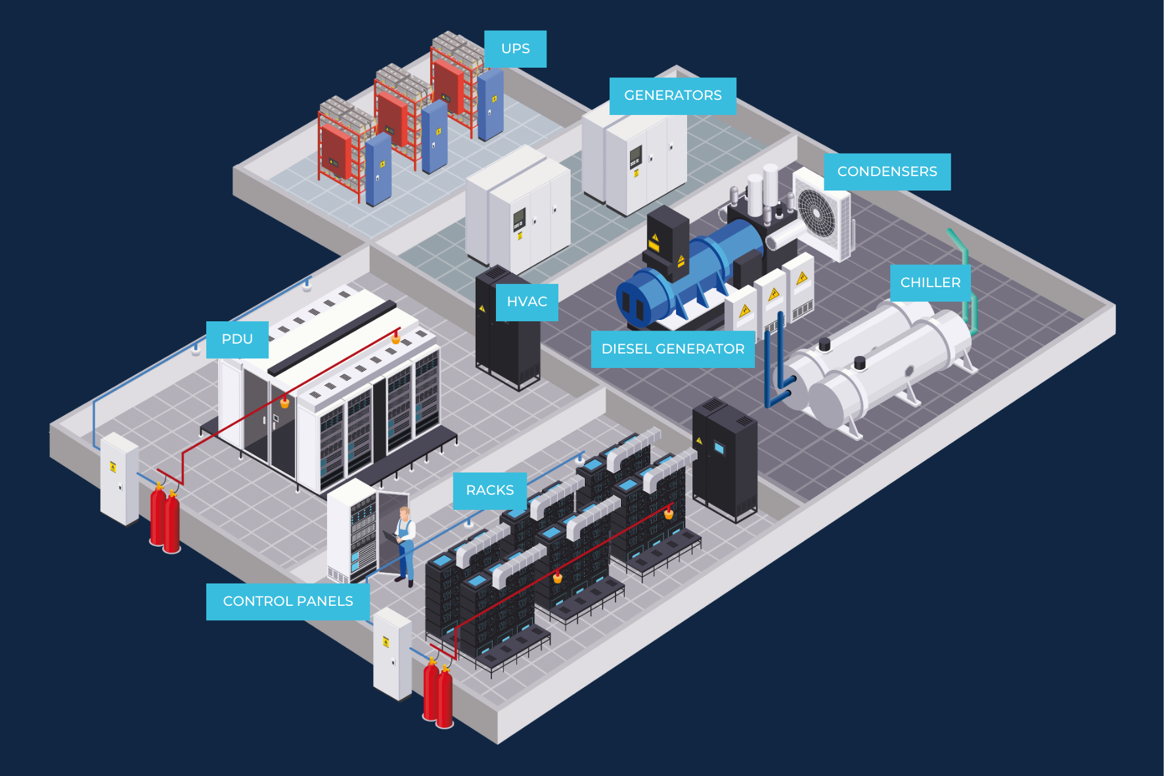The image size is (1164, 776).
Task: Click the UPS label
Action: coord(515,49)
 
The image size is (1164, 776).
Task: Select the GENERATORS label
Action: coord(673,96)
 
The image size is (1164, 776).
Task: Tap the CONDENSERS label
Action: coord(887,171)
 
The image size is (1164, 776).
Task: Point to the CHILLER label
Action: coord(930,283)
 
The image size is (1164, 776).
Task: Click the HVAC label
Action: coord(527,302)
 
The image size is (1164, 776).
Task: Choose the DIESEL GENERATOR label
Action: coord(673,349)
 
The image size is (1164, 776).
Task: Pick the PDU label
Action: coord(237,340)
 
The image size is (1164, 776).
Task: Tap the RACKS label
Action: coord(490,491)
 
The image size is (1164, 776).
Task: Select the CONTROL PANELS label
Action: coord(288,602)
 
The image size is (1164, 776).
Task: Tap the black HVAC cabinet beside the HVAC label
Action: coord(506,329)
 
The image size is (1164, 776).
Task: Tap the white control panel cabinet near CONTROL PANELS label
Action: coord(392,654)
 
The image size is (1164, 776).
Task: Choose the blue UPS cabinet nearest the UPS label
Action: coord(490,106)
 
